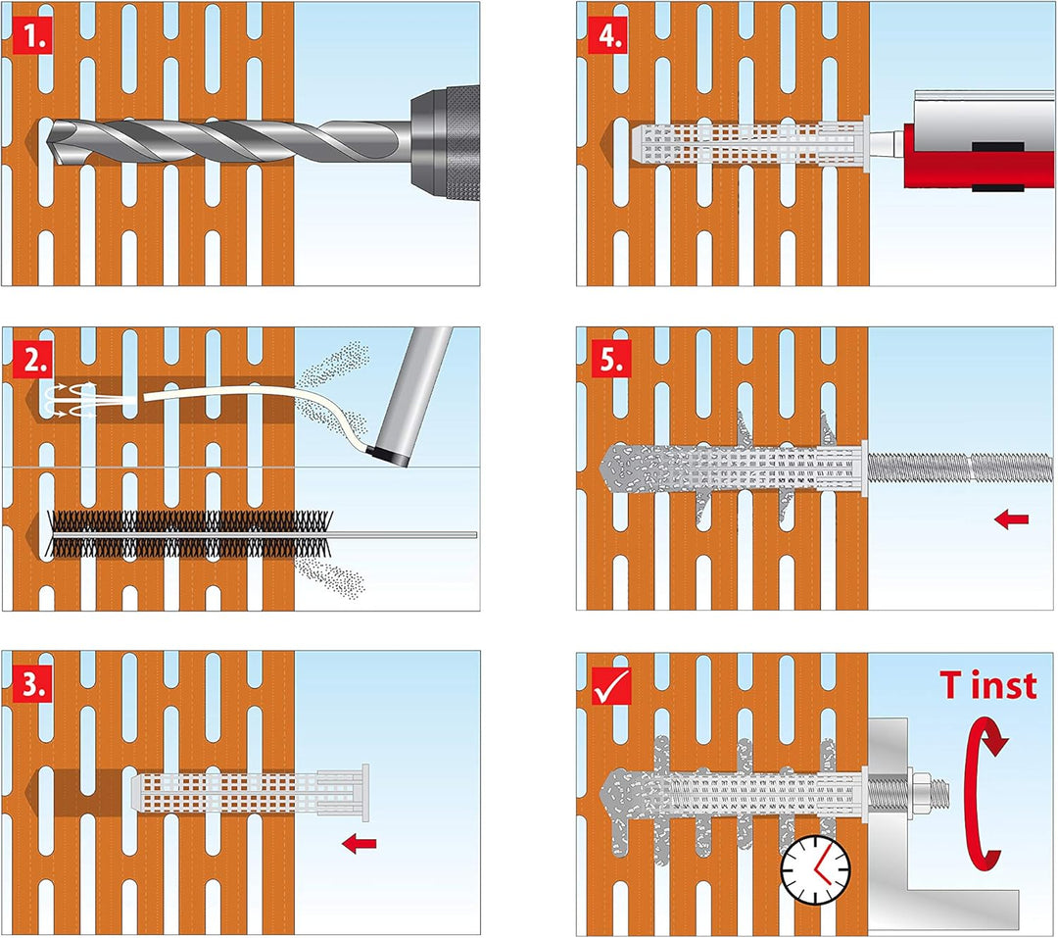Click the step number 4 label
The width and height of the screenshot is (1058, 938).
(608, 36)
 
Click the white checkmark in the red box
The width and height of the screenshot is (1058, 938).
(611, 685)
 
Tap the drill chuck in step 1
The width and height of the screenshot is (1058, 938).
(446, 142)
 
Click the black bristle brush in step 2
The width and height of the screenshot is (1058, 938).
(189, 534)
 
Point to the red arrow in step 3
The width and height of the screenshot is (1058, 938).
(359, 843)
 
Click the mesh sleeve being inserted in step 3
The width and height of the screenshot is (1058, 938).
(251, 793)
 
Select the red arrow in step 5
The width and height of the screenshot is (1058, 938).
(1011, 518)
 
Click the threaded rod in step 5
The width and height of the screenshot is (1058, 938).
(959, 468)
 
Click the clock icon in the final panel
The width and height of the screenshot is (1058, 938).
(816, 869)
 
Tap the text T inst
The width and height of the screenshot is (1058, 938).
(988, 685)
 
